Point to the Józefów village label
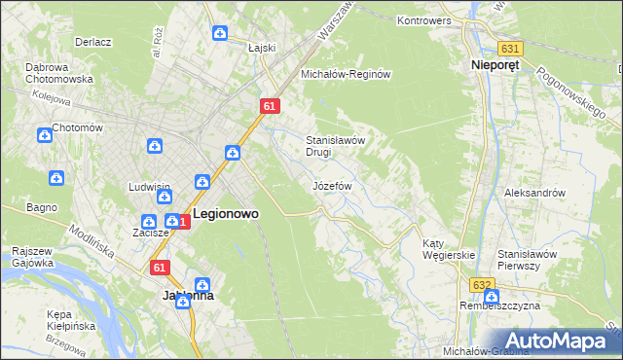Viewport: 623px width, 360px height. pos(331,185)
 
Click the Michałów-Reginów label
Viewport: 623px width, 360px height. pos(345,74)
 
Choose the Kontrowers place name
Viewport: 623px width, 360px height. pos(429,19)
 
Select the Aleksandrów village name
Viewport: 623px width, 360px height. pos(534,193)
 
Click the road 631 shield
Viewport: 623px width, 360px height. pos(509,48)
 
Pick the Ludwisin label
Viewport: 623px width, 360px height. pos(150,187)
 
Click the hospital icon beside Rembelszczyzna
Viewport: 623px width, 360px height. pos(491,296)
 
